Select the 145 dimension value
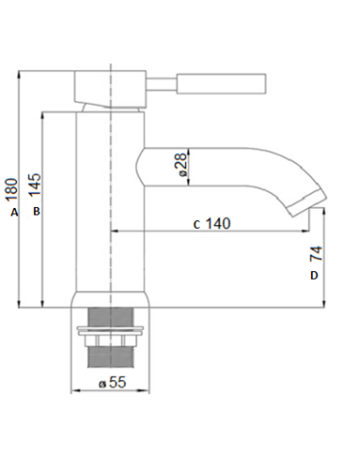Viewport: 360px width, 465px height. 34,184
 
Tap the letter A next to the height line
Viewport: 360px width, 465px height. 13,214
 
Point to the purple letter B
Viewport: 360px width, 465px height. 35,213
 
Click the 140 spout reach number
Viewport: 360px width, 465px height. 218,224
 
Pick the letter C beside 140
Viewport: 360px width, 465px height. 196,225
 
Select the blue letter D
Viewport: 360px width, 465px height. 315,275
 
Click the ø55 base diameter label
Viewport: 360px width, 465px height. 113,382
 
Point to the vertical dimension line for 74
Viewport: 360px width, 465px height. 324,255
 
